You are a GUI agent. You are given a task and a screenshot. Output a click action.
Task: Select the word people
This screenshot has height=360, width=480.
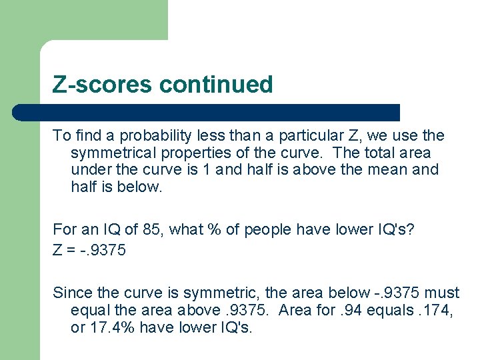click(x=263, y=230)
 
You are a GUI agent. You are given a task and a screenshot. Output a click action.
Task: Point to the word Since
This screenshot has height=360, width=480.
click(x=71, y=293)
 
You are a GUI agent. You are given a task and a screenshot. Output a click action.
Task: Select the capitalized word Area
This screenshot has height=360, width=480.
click(x=297, y=310)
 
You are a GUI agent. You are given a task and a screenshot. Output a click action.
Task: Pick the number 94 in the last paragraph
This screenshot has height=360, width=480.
click(x=349, y=310)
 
